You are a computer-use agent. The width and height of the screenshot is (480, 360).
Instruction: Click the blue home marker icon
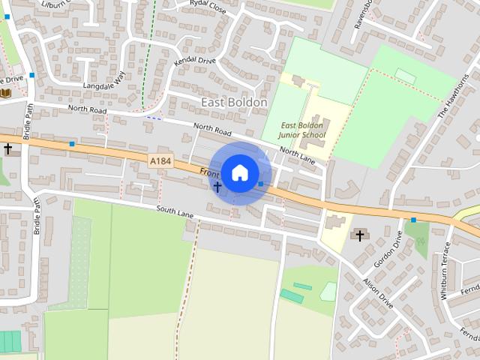(239, 172)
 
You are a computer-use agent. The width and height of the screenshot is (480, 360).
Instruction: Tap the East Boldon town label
(234, 101)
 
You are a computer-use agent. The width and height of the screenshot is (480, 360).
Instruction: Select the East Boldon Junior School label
(301, 130)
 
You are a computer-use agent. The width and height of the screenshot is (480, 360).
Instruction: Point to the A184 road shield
(159, 160)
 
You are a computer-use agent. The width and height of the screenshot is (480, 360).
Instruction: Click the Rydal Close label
(208, 4)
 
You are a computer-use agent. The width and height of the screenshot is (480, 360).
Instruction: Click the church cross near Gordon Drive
(360, 236)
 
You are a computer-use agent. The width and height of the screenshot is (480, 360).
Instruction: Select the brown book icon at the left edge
(5, 93)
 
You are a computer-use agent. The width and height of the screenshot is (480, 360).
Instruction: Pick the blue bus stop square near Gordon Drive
(413, 220)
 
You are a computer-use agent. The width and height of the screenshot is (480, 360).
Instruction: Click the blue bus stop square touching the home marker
(260, 184)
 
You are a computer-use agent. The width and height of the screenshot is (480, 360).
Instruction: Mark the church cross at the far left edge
(7, 149)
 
